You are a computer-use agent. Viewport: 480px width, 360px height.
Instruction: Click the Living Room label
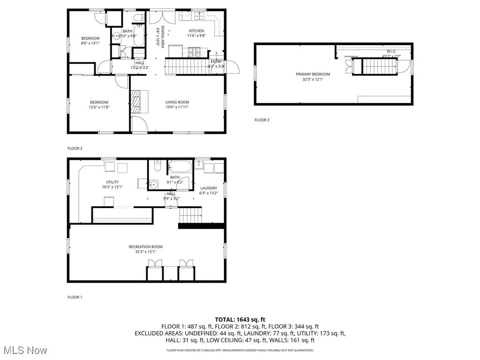[177, 102]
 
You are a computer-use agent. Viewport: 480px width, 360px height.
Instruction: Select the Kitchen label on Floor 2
[196, 31]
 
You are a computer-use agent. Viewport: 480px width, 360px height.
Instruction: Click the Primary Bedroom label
[313, 74]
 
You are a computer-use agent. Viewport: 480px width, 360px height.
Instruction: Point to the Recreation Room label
[146, 247]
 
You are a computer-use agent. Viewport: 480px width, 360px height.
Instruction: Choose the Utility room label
[112, 182]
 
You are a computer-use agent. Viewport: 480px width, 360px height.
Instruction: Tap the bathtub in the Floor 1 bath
[180, 166]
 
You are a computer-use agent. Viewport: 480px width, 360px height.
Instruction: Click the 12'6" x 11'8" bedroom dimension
[99, 107]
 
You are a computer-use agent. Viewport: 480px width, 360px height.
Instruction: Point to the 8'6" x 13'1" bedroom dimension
[90, 43]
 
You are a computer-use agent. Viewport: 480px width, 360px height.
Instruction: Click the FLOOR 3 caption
[262, 120]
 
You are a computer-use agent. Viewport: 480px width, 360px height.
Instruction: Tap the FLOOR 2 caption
[75, 149]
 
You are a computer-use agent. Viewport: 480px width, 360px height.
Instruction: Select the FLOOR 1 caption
[75, 297]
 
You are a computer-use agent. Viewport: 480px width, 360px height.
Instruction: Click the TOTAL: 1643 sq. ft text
[240, 319]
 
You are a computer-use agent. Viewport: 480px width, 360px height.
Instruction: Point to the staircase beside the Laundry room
[191, 216]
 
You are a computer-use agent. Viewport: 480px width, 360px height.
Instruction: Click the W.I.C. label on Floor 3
[391, 51]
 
